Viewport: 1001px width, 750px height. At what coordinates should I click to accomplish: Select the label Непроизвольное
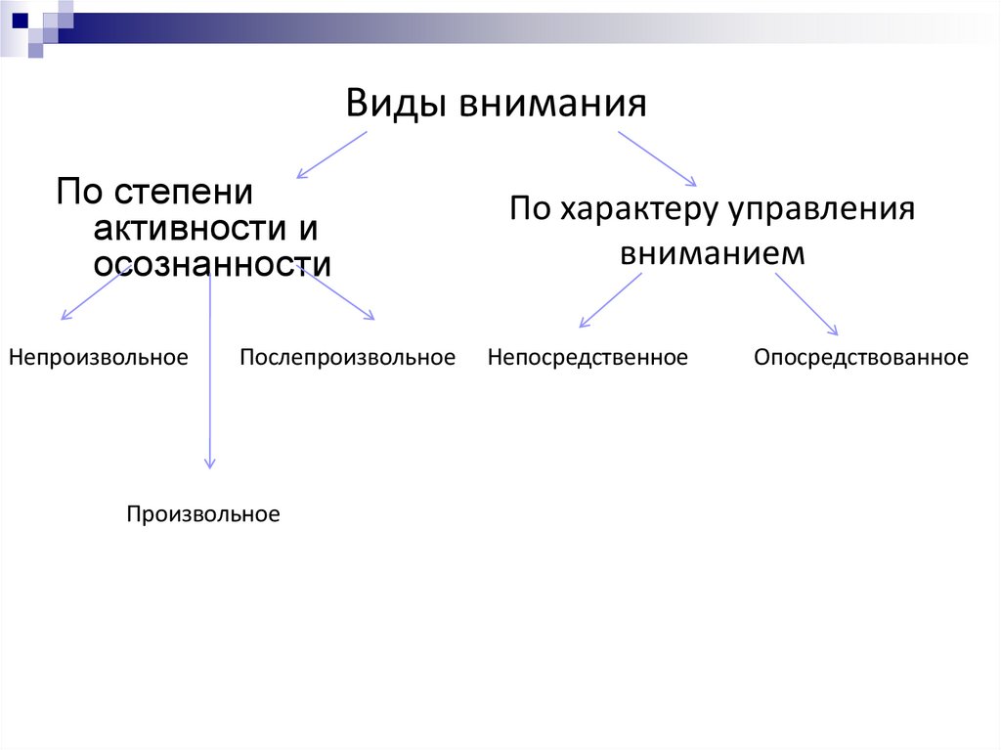99,357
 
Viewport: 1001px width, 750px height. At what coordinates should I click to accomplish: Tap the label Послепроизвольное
348,357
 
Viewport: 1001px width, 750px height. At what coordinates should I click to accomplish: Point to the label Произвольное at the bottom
202,513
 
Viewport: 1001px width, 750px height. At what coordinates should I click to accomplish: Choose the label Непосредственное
588,358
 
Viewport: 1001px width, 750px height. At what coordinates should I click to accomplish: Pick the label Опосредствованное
861,358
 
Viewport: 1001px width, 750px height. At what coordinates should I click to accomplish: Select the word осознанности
212,264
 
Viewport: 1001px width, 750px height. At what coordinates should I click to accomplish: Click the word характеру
639,210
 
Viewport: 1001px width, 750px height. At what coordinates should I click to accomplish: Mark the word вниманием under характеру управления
712,253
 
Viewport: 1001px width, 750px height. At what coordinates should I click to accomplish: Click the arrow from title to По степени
331,154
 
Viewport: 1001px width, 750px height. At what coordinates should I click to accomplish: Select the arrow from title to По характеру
657,157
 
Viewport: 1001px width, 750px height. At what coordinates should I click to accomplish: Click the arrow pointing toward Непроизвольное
89,294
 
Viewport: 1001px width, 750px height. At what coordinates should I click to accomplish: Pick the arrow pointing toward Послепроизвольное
337,292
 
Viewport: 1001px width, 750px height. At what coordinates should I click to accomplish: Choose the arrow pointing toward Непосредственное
610,300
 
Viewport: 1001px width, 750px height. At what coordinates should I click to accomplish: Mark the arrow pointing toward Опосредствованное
806,304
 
